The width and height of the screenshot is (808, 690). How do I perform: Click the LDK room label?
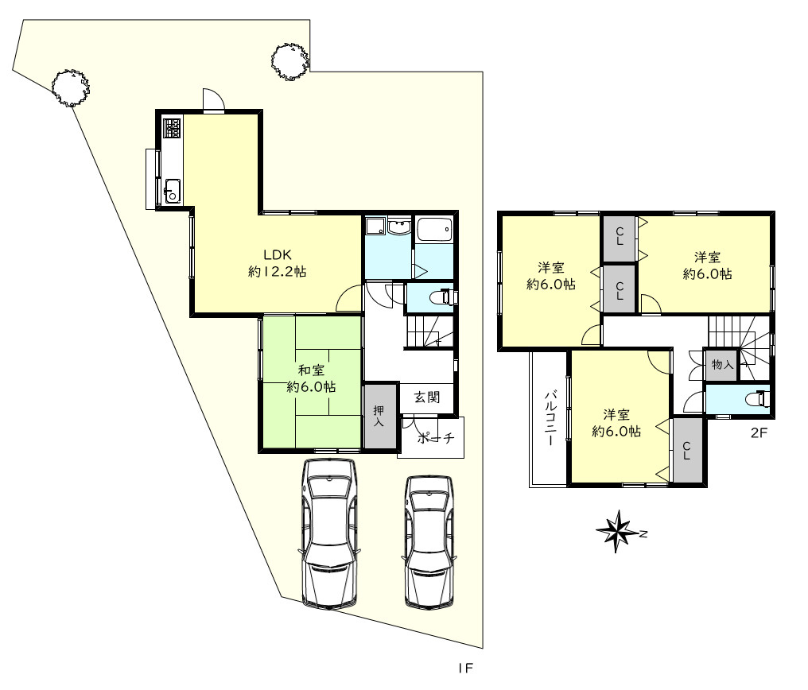(278, 262)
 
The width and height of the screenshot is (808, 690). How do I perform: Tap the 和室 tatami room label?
(311, 378)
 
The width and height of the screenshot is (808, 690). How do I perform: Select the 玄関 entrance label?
(427, 397)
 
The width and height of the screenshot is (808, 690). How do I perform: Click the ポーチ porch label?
(436, 438)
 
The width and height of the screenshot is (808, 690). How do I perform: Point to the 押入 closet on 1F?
(381, 416)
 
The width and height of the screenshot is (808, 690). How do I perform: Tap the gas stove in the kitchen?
(172, 128)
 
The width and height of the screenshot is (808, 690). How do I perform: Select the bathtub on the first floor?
(434, 230)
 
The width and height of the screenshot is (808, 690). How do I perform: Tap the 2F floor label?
(759, 432)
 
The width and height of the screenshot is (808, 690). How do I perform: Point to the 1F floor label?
(465, 669)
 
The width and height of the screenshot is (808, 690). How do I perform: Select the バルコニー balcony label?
(550, 418)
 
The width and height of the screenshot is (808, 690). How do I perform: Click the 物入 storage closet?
(722, 365)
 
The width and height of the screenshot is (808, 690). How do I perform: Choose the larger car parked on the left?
(329, 533)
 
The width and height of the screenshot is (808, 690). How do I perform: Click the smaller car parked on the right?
(429, 541)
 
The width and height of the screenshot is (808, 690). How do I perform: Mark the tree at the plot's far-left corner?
(71, 87)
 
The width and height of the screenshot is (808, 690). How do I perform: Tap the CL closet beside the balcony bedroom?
(688, 451)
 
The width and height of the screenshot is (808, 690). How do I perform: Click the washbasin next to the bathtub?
(400, 227)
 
